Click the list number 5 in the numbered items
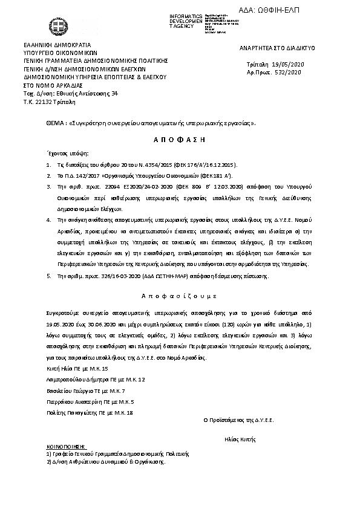coord(48,276)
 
